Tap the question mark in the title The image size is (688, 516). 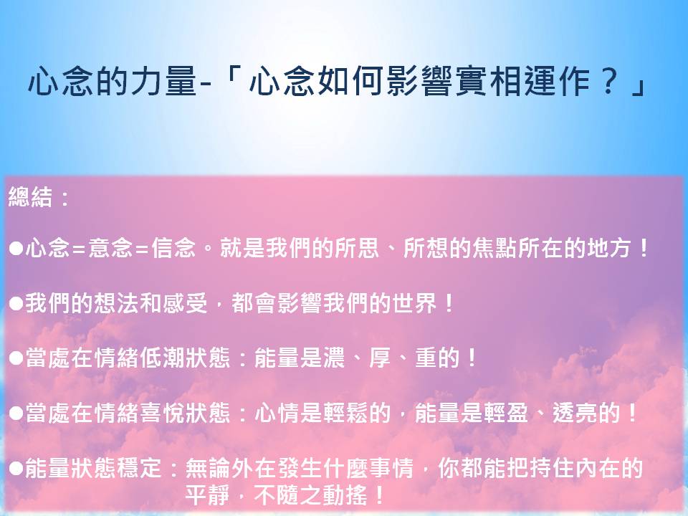point(608,81)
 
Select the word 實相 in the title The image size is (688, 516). point(489,81)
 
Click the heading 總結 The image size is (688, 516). point(30,196)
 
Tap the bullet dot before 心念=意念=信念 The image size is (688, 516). point(16,249)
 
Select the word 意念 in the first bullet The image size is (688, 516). point(110,248)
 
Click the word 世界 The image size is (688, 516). point(415,303)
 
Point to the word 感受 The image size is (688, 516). point(185,303)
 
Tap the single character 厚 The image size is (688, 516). point(380,358)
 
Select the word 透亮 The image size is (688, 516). point(575,414)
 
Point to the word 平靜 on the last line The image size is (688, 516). point(208,495)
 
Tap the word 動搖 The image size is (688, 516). point(345,495)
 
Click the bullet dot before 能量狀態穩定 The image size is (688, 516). point(16,469)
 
